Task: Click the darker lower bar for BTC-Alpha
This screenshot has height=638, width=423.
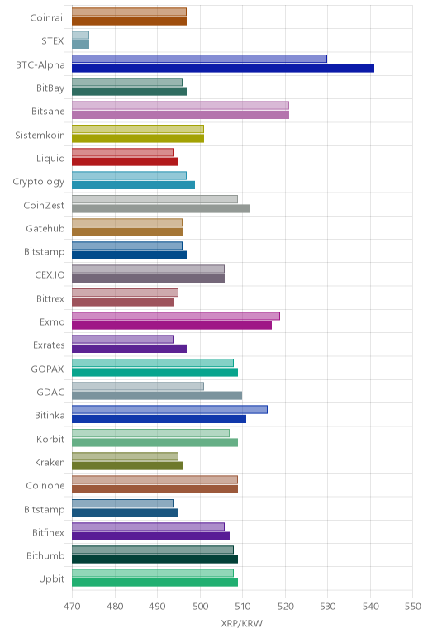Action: (x=223, y=69)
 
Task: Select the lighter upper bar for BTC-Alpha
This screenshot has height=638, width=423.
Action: (x=199, y=59)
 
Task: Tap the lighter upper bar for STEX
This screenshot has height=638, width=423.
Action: (x=80, y=36)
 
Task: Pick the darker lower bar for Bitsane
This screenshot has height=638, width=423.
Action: (x=181, y=115)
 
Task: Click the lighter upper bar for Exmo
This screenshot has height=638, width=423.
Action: (x=176, y=317)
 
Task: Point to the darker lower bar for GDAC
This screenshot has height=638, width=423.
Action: (x=157, y=396)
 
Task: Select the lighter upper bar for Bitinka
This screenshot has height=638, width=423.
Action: (x=169, y=410)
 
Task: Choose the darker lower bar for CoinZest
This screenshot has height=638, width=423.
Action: (x=161, y=209)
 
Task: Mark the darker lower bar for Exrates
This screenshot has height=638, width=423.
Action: (x=130, y=349)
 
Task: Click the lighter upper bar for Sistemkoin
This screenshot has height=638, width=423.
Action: (x=138, y=129)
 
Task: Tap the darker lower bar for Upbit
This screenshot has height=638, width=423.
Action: (x=155, y=583)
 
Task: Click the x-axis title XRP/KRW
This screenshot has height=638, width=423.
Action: (x=242, y=623)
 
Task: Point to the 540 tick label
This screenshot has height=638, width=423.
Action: (x=370, y=607)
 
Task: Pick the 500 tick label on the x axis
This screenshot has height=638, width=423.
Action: (x=200, y=607)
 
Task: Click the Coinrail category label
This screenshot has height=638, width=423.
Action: (x=47, y=18)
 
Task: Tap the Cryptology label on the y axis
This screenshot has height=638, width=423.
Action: (x=39, y=182)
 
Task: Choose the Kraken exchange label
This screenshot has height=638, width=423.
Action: (x=50, y=463)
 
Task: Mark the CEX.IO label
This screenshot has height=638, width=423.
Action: (x=50, y=275)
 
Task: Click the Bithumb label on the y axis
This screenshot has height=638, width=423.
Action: (x=45, y=556)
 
